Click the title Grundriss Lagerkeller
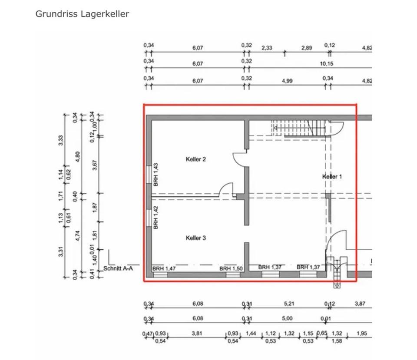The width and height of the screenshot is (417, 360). (x=82, y=14)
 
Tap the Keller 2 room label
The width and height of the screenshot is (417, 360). (x=195, y=159)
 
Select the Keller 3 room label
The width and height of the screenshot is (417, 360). (x=195, y=238)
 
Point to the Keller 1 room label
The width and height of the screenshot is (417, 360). (x=332, y=176)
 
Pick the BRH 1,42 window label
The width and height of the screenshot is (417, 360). (x=156, y=217)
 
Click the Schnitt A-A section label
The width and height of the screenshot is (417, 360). (x=118, y=269)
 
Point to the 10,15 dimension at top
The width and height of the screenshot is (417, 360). (x=327, y=64)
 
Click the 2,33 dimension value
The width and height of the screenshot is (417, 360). (x=267, y=48)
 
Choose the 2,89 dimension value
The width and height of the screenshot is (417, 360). (x=307, y=48)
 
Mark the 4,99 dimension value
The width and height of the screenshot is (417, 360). (x=287, y=81)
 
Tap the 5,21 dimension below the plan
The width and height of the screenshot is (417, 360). (x=289, y=304)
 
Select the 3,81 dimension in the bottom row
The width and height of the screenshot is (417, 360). (x=197, y=334)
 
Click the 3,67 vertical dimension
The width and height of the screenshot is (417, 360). (x=95, y=165)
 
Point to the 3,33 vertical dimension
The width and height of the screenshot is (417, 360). (x=61, y=140)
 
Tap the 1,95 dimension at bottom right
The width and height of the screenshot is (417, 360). (x=361, y=334)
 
